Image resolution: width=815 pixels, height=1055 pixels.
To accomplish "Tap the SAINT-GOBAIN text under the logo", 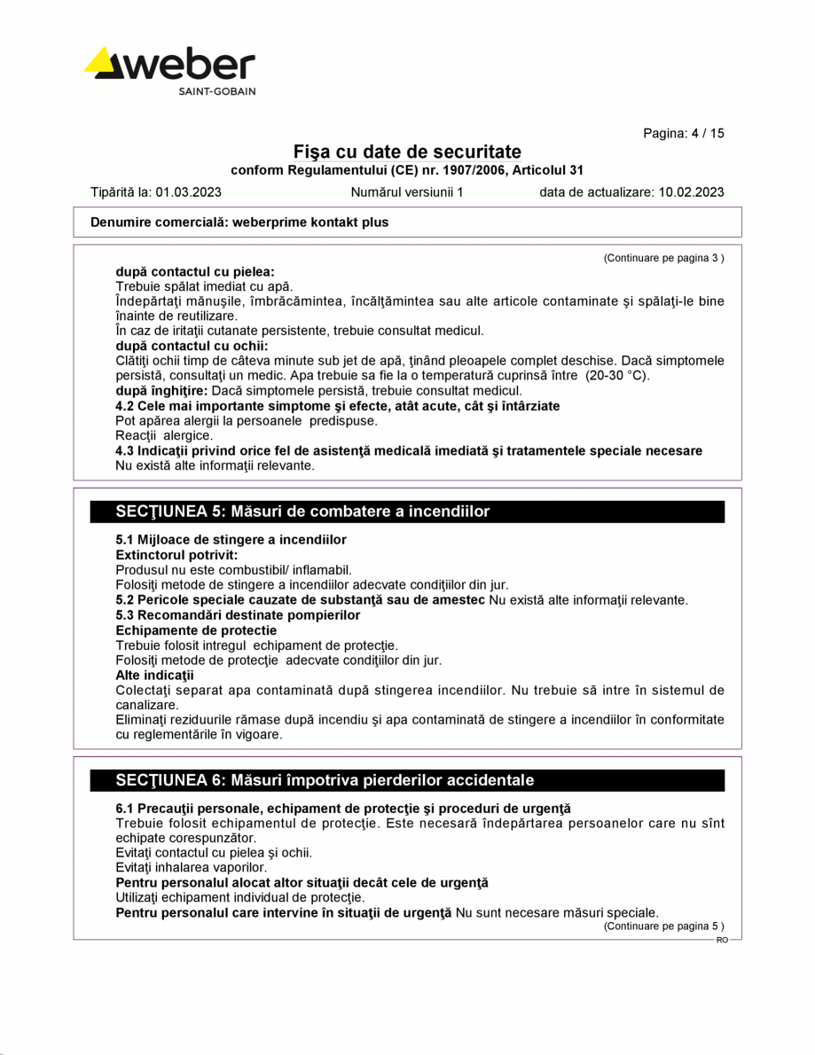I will click(217, 91).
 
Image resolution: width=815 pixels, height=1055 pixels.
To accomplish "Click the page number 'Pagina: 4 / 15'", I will click(683, 133).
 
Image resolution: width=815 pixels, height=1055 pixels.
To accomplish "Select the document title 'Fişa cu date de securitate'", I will click(407, 152).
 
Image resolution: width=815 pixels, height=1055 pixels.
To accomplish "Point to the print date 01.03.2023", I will click(189, 191).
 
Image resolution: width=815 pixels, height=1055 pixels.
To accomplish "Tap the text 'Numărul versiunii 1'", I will click(407, 191).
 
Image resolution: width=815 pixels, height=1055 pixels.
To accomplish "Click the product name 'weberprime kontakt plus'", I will click(310, 223).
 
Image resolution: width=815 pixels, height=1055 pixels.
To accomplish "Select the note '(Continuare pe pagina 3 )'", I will click(663, 258).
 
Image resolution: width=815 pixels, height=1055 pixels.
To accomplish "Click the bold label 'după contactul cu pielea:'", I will click(195, 271).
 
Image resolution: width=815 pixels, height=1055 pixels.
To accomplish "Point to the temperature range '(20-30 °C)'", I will click(617, 376).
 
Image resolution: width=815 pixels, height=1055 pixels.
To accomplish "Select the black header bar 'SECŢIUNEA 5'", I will click(408, 512).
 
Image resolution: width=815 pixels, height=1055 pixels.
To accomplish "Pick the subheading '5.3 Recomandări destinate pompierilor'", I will click(238, 615).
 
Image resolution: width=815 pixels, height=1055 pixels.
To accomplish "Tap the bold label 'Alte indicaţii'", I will click(154, 676).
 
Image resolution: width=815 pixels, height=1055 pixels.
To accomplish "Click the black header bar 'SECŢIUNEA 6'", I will click(408, 780).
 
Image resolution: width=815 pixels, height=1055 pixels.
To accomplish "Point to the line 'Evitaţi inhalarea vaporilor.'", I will click(192, 868).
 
